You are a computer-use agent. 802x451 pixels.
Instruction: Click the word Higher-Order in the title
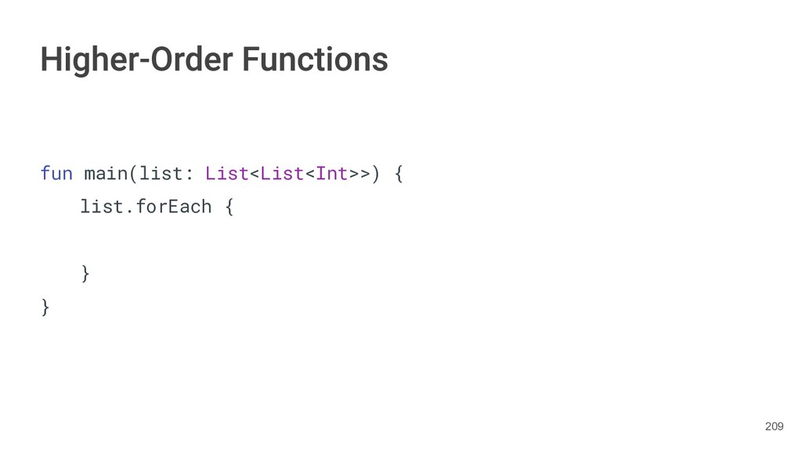pyautogui.click(x=136, y=60)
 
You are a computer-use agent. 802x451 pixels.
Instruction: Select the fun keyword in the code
pyautogui.click(x=56, y=173)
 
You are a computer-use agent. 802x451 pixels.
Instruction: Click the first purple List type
pyautogui.click(x=226, y=173)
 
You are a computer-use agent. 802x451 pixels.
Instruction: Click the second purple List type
pyautogui.click(x=282, y=173)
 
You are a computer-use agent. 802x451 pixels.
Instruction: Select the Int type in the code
pyautogui.click(x=331, y=173)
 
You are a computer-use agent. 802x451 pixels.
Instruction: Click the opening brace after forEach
pyautogui.click(x=229, y=207)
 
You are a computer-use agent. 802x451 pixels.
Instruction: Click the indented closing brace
pyautogui.click(x=85, y=273)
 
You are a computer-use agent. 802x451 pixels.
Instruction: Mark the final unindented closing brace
pyautogui.click(x=45, y=307)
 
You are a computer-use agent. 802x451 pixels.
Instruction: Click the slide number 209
pyautogui.click(x=774, y=426)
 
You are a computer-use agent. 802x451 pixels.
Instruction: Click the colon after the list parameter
pyautogui.click(x=189, y=174)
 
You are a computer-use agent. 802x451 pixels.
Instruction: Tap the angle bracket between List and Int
pyautogui.click(x=310, y=174)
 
